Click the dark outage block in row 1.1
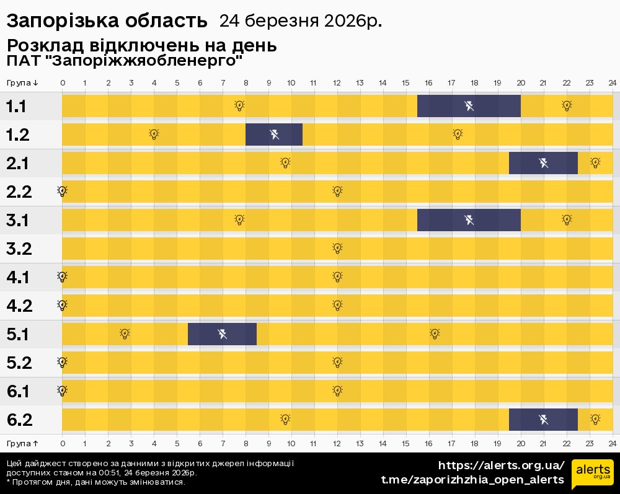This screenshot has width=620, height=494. click(x=469, y=105)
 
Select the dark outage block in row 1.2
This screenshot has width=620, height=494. click(x=274, y=134)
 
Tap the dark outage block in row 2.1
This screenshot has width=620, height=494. click(x=543, y=163)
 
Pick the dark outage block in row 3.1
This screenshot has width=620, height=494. click(x=469, y=219)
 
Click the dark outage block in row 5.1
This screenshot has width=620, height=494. click(x=222, y=334)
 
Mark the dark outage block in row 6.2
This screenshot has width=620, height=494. click(x=543, y=420)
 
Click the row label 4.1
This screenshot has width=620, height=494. click(x=18, y=277)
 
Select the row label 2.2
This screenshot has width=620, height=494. click(x=19, y=192)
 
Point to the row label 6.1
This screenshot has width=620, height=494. click(x=18, y=391)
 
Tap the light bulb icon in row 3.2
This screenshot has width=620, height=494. click(x=337, y=248)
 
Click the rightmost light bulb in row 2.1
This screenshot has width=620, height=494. click(x=595, y=162)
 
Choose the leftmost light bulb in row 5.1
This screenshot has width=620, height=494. click(x=125, y=333)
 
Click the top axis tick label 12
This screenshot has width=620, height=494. click(x=337, y=83)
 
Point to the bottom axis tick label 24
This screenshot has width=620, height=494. click(x=612, y=443)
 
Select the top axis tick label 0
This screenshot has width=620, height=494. click(x=63, y=83)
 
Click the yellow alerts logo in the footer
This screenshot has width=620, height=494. click(x=592, y=475)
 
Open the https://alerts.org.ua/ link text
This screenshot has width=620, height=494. click(x=501, y=465)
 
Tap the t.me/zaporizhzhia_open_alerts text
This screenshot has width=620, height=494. click(x=472, y=480)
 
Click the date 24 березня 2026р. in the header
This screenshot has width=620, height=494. click(x=300, y=21)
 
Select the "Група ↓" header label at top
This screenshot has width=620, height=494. click(x=22, y=83)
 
